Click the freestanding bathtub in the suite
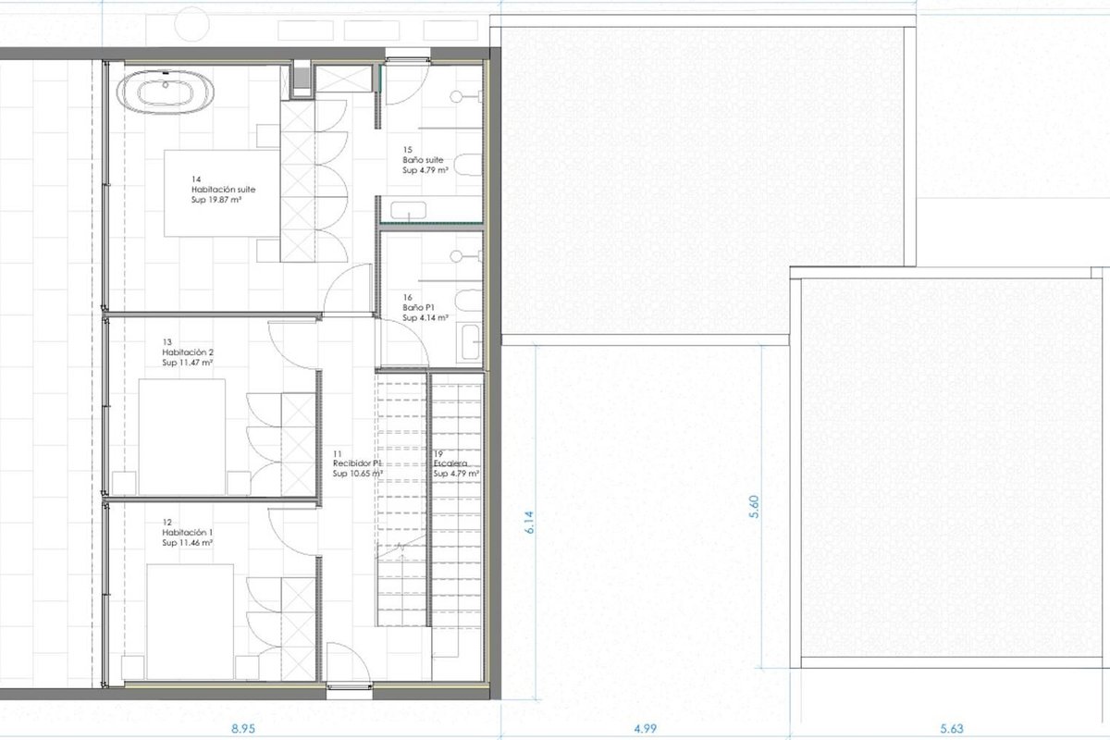[166, 92]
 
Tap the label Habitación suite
[224, 190]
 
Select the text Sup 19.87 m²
[216, 200]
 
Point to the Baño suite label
[423, 160]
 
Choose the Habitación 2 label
[188, 352]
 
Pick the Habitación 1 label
[187, 532]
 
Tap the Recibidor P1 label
[357, 463]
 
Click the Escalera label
[450, 463]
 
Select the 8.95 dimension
[243, 729]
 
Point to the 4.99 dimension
[646, 729]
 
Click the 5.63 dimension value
[952, 729]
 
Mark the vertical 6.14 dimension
[530, 523]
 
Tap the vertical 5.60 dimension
[754, 507]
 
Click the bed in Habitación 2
[182, 438]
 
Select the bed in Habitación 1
[191, 622]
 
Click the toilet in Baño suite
[468, 165]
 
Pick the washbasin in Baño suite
[408, 210]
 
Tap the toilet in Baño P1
[468, 301]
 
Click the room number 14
[196, 179]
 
